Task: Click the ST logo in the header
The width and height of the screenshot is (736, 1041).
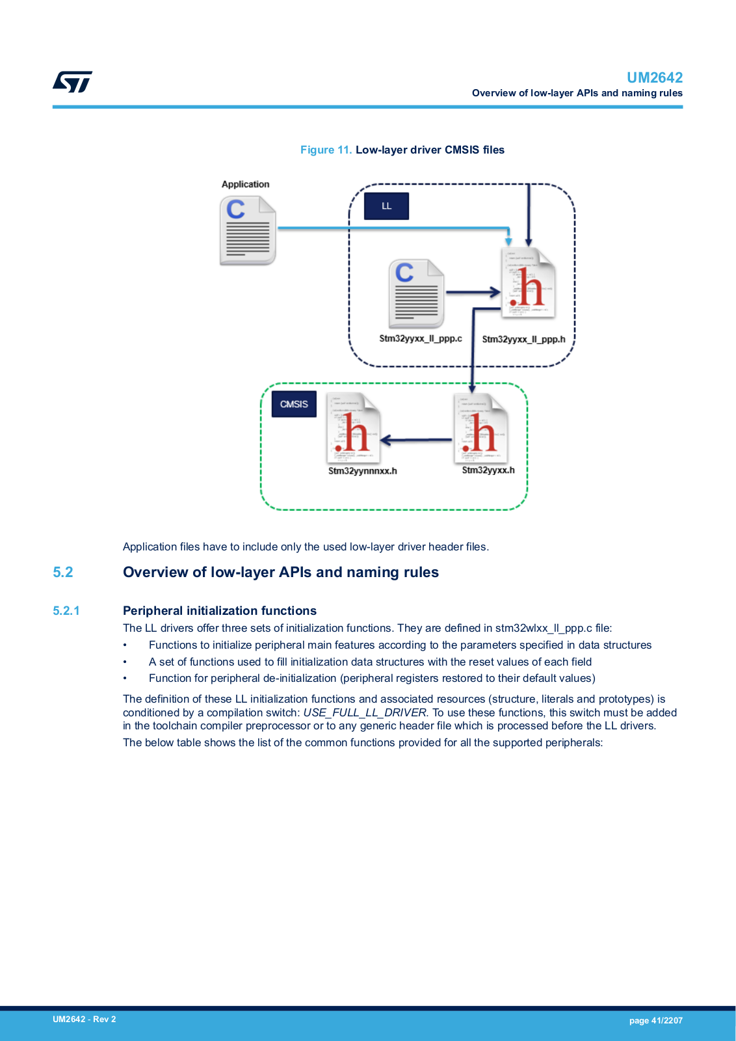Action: click(72, 82)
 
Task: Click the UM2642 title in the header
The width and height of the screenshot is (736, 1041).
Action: click(654, 77)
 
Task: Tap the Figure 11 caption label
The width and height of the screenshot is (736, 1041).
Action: click(326, 150)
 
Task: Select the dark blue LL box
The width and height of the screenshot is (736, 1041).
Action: click(386, 206)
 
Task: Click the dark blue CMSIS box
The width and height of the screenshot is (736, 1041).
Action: click(294, 404)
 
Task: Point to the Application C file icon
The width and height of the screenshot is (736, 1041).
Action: click(248, 230)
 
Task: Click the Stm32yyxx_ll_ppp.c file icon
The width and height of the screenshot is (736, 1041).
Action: click(417, 293)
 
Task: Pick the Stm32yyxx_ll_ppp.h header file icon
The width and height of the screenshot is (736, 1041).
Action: click(528, 283)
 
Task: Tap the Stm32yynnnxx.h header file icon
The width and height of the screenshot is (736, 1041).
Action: click(354, 428)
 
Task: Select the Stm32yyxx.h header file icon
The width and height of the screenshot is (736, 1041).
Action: click(480, 428)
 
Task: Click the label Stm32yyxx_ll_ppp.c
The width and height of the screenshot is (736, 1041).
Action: click(420, 338)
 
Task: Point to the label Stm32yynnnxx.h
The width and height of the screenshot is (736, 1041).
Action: click(363, 471)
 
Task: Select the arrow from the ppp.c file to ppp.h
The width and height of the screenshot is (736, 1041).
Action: click(473, 292)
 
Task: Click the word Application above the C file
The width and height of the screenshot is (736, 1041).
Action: click(245, 184)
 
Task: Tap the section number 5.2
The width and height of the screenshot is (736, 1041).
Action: click(62, 572)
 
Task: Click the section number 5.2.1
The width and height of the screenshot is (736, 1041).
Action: click(66, 611)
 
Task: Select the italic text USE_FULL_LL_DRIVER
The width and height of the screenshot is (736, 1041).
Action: click(365, 712)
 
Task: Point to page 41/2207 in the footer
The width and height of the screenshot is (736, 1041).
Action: click(655, 1021)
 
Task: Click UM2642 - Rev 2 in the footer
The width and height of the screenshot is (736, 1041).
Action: click(84, 1019)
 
